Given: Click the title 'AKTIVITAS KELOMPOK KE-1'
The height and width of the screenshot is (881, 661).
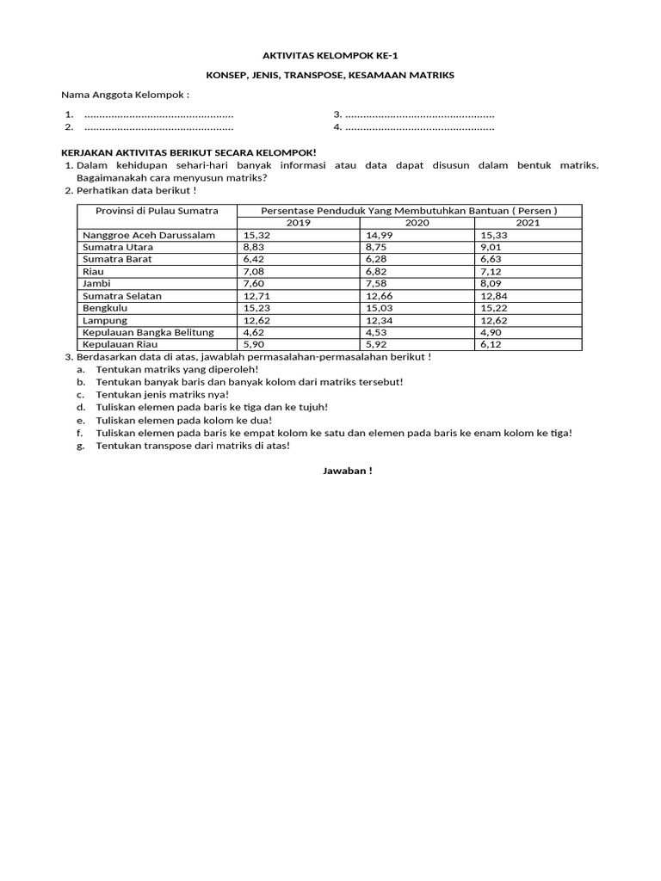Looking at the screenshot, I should click(x=330, y=54).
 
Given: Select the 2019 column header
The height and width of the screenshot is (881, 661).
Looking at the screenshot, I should click(x=299, y=223).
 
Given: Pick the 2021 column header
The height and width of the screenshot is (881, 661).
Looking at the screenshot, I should click(x=528, y=223).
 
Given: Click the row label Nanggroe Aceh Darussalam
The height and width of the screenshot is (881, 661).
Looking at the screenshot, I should click(x=148, y=235).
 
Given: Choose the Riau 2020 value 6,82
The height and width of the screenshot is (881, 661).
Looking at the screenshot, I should click(x=377, y=271).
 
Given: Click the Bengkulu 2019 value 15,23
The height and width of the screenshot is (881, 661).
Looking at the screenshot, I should click(x=257, y=308).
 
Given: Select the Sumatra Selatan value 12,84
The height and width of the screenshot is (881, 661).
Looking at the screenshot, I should click(x=495, y=296).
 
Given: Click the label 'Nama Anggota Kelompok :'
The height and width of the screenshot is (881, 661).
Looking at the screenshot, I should click(x=125, y=95).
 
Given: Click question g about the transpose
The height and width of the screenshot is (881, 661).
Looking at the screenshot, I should click(x=193, y=446).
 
